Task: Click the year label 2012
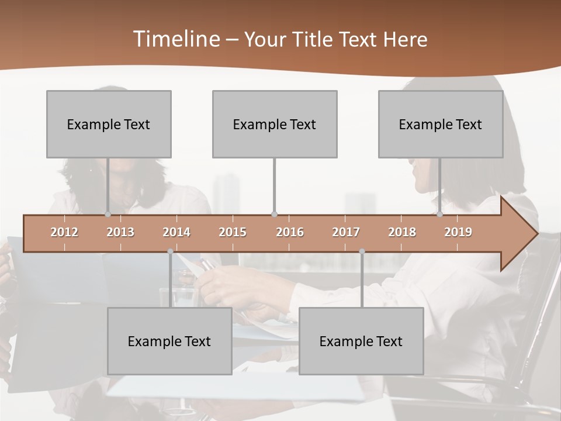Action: click(x=64, y=233)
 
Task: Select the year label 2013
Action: click(x=120, y=233)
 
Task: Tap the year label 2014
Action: click(x=176, y=233)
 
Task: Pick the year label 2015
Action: click(x=233, y=233)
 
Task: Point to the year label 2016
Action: click(x=290, y=233)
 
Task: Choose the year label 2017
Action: click(x=346, y=233)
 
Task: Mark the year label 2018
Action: click(x=402, y=233)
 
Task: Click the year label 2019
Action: click(x=458, y=233)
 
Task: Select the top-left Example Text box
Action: click(x=109, y=125)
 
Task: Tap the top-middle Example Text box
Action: click(x=275, y=125)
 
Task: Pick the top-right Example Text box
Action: click(x=441, y=125)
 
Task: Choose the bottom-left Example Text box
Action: click(x=169, y=341)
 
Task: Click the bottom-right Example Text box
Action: click(x=361, y=341)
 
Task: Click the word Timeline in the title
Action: click(x=176, y=39)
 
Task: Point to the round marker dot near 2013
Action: click(x=108, y=214)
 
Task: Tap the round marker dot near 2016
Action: click(x=274, y=214)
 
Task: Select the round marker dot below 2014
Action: click(x=170, y=251)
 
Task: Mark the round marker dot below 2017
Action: click(x=362, y=251)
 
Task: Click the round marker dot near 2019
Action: click(x=439, y=214)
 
